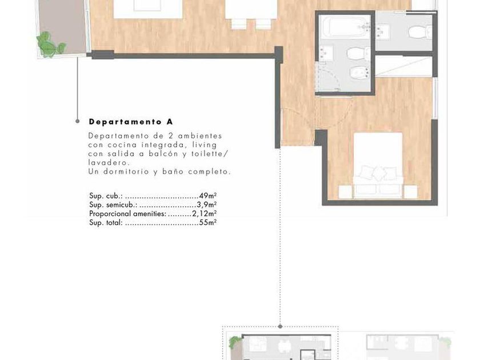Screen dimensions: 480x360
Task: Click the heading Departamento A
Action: [131, 122]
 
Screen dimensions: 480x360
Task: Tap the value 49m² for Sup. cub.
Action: [208, 195]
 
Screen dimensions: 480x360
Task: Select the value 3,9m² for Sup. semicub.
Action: [207, 205]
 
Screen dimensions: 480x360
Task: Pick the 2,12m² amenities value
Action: [205, 213]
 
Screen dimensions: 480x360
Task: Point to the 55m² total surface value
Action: [208, 222]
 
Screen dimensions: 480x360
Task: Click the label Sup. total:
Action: [106, 222]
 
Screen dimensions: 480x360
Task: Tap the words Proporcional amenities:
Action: [127, 214]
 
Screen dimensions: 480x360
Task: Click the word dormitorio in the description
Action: [126, 172]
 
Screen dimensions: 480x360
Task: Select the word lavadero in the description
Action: [107, 162]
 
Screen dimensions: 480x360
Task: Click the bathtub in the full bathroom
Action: [344, 27]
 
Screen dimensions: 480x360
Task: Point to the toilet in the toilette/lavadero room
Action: [419, 32]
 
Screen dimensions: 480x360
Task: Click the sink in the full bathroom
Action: [326, 54]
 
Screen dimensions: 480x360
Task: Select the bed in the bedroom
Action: [378, 166]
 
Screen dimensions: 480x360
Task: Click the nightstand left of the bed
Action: [345, 192]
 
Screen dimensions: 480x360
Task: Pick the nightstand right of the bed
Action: [410, 192]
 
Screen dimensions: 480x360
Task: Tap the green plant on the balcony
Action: [50, 45]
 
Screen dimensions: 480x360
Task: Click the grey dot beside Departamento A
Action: [78, 122]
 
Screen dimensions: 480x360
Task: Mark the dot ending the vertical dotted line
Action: [280, 327]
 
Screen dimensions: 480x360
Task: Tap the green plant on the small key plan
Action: [235, 341]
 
